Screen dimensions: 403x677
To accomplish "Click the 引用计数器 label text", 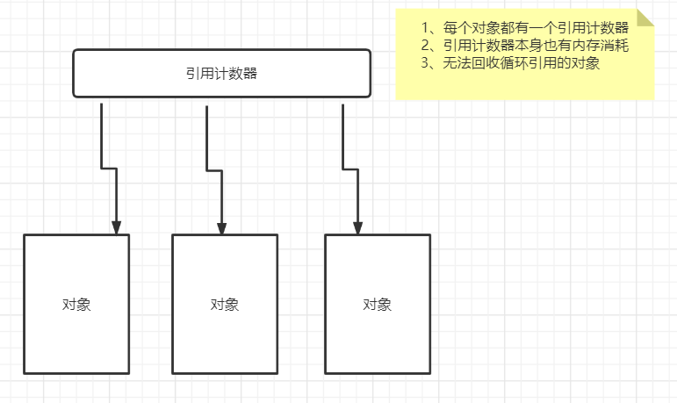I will [x=221, y=74].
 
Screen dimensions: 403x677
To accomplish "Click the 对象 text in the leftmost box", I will [x=76, y=305].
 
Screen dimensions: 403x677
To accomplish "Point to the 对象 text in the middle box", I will [x=225, y=305].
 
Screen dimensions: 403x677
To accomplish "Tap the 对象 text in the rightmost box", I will [x=377, y=305].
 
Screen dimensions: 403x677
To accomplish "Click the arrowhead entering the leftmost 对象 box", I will [x=117, y=227].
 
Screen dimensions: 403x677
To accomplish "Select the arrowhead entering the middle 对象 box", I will [x=221, y=227].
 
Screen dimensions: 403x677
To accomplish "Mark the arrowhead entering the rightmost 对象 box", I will [x=357, y=227].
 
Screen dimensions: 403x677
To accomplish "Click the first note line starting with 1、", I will [x=525, y=27].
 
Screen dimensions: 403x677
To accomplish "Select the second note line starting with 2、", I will [x=525, y=45].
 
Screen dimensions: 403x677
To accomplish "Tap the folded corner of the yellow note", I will [x=645, y=18].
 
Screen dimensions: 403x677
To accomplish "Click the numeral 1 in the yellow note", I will [x=426, y=27].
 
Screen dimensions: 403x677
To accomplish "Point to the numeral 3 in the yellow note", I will [x=426, y=63].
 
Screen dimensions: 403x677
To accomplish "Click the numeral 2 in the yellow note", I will [x=426, y=45].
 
